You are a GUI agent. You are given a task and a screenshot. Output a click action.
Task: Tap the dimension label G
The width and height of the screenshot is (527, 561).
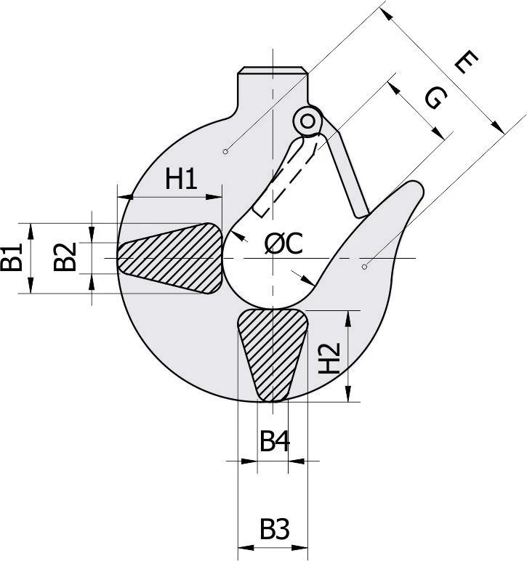[x=433, y=97]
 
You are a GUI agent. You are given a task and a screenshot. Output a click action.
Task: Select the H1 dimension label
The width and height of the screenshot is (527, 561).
[x=181, y=178]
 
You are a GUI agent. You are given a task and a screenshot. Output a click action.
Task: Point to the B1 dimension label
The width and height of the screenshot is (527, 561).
[x=12, y=258]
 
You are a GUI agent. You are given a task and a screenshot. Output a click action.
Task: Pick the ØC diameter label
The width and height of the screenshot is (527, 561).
[x=283, y=245]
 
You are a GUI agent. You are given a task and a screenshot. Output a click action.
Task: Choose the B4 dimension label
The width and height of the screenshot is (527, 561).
[x=275, y=441]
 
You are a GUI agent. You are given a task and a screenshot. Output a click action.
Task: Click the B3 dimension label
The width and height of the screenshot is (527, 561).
[x=275, y=529]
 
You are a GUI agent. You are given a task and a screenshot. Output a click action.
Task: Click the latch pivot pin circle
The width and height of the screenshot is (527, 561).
[x=309, y=119]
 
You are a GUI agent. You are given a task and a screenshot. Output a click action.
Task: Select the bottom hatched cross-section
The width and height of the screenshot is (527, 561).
[x=272, y=352]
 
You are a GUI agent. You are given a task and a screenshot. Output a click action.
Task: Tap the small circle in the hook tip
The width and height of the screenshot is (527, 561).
[x=365, y=267]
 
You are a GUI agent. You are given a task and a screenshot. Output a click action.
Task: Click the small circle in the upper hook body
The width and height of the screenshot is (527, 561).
[x=226, y=151]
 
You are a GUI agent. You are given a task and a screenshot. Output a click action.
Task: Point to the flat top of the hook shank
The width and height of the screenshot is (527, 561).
[x=271, y=70]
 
